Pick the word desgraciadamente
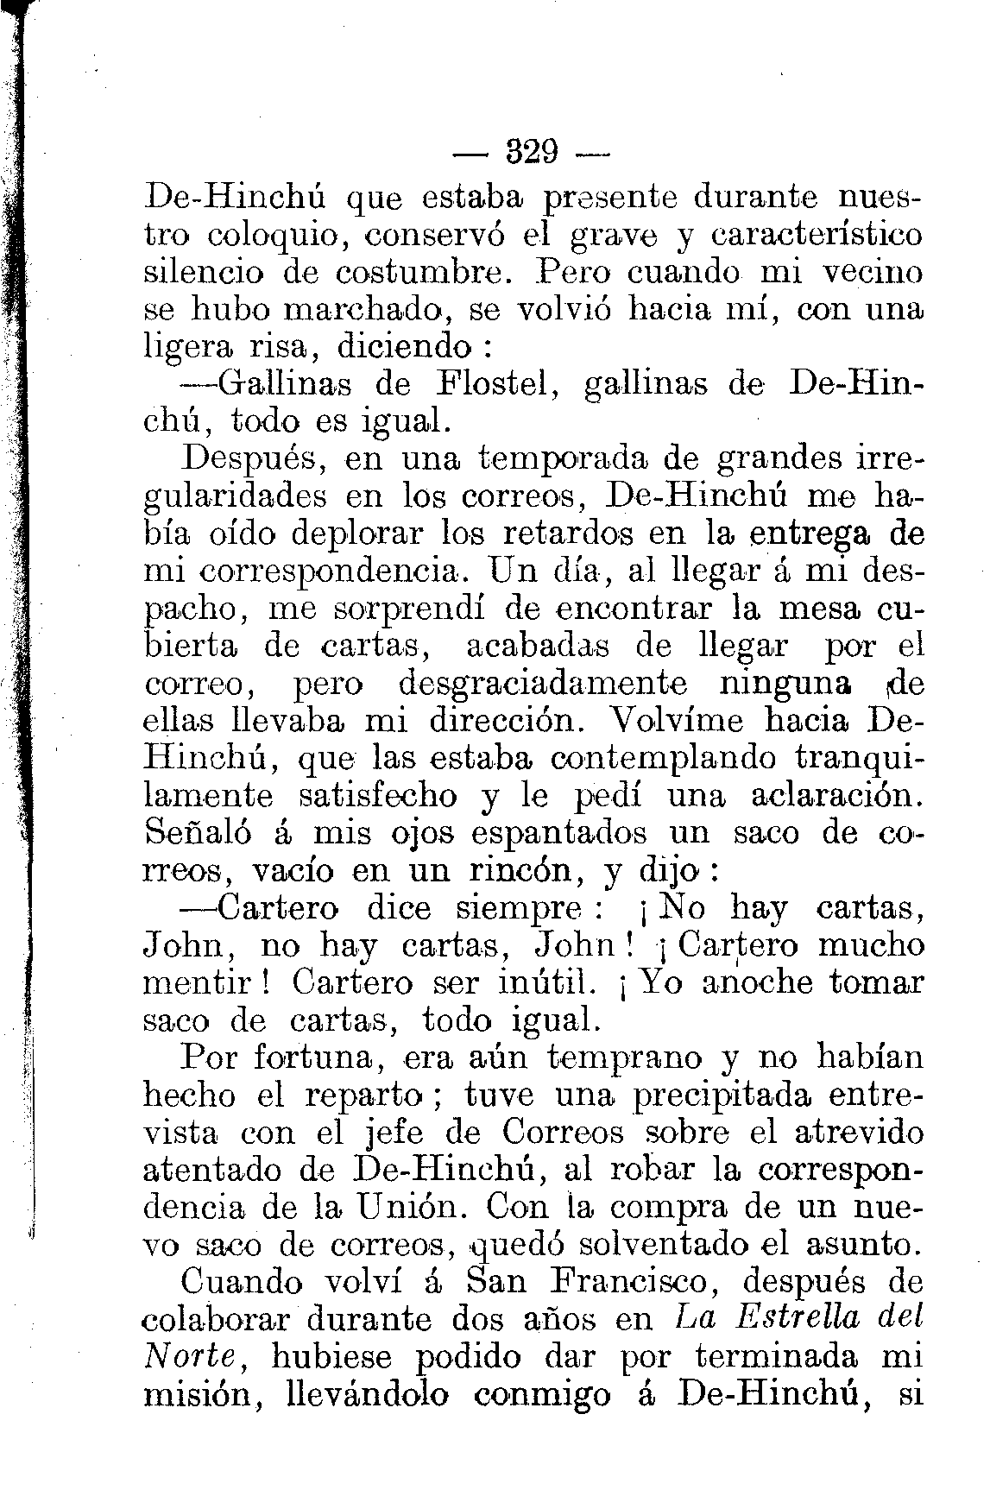coord(543,683)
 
